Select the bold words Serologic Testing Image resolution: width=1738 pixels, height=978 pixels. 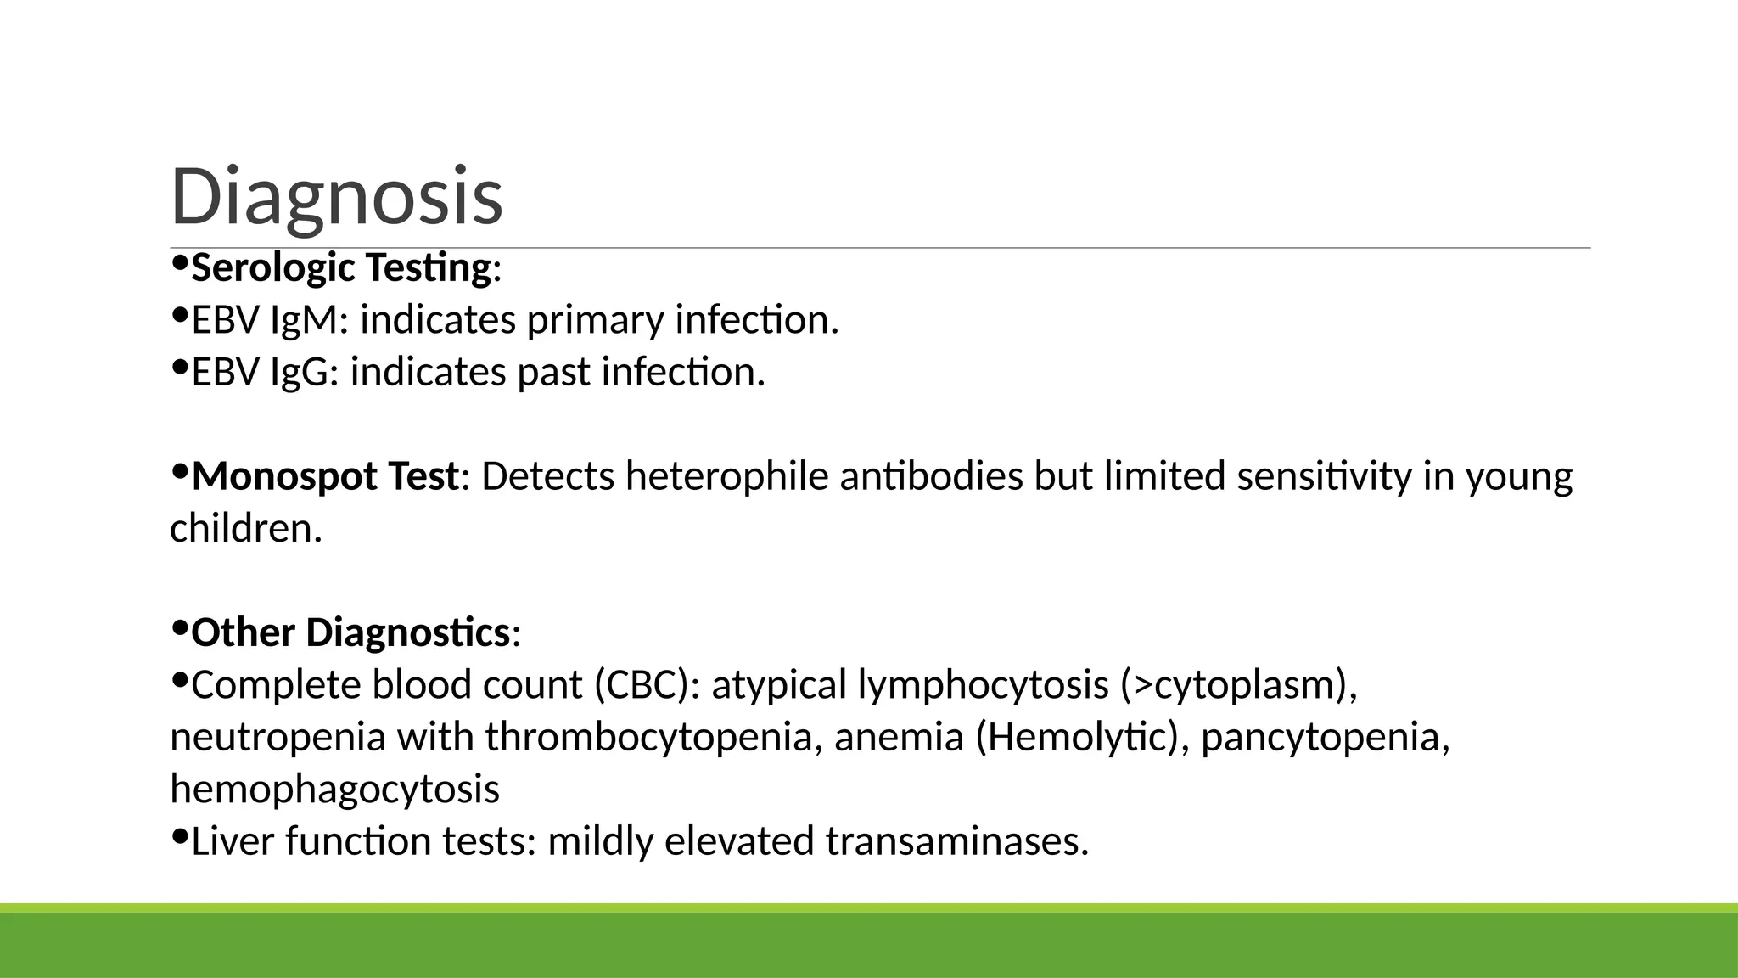(x=341, y=268)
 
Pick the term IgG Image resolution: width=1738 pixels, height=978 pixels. (x=299, y=373)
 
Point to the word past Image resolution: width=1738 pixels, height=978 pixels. (x=553, y=373)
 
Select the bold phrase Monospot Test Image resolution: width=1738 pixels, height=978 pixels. (x=325, y=476)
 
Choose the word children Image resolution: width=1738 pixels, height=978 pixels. (x=245, y=529)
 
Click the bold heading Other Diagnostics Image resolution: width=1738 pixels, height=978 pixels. (x=350, y=633)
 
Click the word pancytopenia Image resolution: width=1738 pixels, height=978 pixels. (x=1325, y=737)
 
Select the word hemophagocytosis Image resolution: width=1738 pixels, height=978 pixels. (x=334, y=790)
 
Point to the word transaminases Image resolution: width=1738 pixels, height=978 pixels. (x=956, y=841)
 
